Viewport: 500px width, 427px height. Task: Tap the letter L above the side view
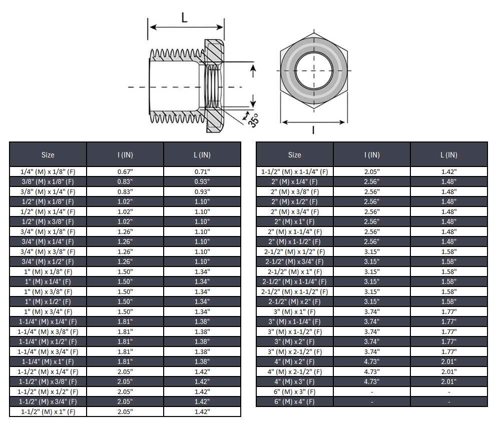[185, 18]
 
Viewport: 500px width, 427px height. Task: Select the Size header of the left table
[48, 155]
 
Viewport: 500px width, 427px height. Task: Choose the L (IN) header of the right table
[448, 155]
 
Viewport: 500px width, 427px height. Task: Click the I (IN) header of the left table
[125, 155]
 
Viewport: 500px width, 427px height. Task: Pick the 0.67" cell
[125, 171]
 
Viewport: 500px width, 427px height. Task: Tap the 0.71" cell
[202, 171]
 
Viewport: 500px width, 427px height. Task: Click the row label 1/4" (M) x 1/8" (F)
[48, 171]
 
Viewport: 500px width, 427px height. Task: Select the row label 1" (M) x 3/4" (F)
[48, 311]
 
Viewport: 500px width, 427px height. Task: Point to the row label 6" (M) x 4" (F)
[294, 401]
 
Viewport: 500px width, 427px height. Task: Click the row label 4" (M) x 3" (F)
[294, 381]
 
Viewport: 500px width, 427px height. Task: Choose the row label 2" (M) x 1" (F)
[294, 221]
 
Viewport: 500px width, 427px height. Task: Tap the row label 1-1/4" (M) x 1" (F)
[48, 361]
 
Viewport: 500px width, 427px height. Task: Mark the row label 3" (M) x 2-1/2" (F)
[294, 351]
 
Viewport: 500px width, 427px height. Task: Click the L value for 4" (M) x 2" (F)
[448, 361]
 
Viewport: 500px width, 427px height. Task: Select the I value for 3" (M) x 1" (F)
[371, 311]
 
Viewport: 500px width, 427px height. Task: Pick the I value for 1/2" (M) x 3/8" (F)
[125, 221]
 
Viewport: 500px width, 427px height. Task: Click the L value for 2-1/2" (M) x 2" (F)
[448, 301]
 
